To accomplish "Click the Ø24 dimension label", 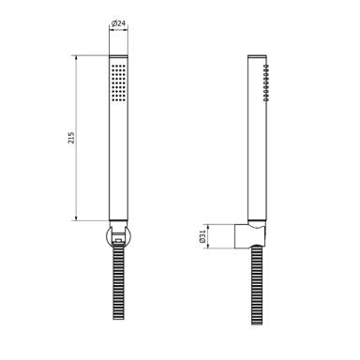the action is [118, 23].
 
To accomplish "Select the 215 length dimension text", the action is [71, 138].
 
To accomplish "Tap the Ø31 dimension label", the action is [202, 236].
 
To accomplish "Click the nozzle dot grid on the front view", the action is [118, 82].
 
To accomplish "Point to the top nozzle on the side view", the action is [266, 67].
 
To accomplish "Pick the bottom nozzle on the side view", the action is [266, 99].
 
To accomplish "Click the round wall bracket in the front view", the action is [118, 236].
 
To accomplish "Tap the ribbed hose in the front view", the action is [118, 282].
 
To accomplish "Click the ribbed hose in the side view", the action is [257, 285].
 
